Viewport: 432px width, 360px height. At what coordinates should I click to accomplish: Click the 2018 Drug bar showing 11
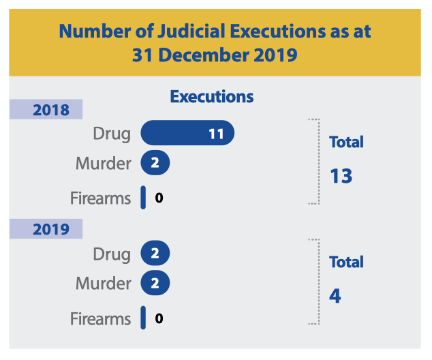[x=187, y=133]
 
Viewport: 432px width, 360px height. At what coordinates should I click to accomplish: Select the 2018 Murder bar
[x=155, y=163]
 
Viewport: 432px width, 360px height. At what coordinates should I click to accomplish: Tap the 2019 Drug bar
[x=155, y=254]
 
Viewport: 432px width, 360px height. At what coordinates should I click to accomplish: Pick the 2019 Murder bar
[x=155, y=283]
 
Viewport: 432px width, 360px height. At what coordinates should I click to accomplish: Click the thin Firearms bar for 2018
[x=143, y=198]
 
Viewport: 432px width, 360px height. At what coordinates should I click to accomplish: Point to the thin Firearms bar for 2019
[x=143, y=318]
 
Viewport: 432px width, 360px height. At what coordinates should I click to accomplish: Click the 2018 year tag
[x=46, y=109]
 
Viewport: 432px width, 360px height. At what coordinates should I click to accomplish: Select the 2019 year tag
[x=46, y=228]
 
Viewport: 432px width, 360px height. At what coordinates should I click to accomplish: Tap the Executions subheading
[x=212, y=96]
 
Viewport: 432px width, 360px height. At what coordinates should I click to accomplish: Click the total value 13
[x=341, y=176]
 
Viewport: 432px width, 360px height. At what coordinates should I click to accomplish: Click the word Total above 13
[x=346, y=142]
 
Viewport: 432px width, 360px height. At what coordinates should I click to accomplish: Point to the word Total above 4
[x=346, y=262]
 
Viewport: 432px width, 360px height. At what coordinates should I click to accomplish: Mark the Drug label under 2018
[x=112, y=133]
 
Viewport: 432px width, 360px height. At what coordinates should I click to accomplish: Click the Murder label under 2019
[x=103, y=283]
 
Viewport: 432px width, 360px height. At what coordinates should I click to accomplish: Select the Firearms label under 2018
[x=100, y=198]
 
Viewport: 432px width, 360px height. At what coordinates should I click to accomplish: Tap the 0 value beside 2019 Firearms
[x=159, y=318]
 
